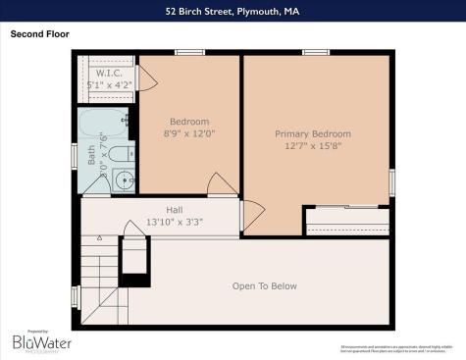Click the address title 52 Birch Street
coord(233,13)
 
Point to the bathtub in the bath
coord(102,126)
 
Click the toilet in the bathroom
coord(120,153)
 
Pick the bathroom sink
coord(124,180)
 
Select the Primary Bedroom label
coord(312,133)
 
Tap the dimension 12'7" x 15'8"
coord(312,146)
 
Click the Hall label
coord(175,210)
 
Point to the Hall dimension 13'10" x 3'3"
coord(175,223)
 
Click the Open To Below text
coord(264,286)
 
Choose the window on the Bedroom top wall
coord(189,52)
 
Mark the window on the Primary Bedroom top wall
coord(315,52)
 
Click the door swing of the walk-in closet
coord(146,78)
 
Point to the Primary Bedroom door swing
coord(251,216)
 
